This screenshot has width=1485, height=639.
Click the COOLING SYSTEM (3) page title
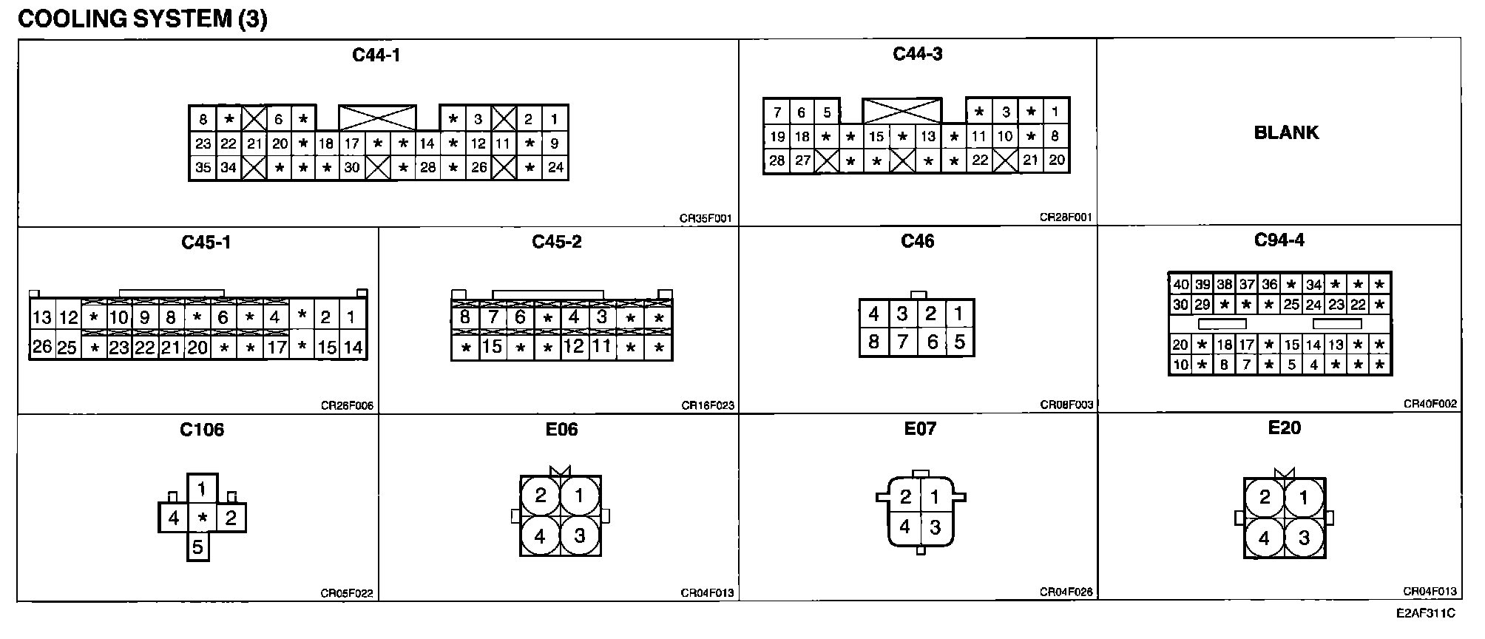(142, 19)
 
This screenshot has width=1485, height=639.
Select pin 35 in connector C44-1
(203, 168)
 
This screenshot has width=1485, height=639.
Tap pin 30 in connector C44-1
(352, 168)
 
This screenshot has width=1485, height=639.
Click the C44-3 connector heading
(917, 53)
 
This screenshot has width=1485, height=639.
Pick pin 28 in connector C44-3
(777, 160)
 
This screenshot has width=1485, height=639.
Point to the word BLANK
(1286, 132)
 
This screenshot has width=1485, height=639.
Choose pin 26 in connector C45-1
(42, 347)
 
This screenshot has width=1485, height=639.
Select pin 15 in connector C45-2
(493, 346)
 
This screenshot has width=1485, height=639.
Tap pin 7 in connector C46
(902, 342)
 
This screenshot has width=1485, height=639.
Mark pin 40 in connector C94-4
(1181, 285)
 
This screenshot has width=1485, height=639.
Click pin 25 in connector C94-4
(1291, 304)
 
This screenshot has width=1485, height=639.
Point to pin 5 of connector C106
(197, 547)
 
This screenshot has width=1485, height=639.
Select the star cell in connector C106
(203, 518)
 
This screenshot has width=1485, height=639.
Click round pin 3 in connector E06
(579, 535)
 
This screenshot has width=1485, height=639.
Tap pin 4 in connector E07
(905, 527)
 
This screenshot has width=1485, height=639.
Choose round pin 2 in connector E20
(1265, 496)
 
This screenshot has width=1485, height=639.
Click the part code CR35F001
(706, 219)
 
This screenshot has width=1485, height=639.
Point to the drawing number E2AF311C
(1426, 613)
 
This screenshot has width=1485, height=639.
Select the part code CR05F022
(347, 593)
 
